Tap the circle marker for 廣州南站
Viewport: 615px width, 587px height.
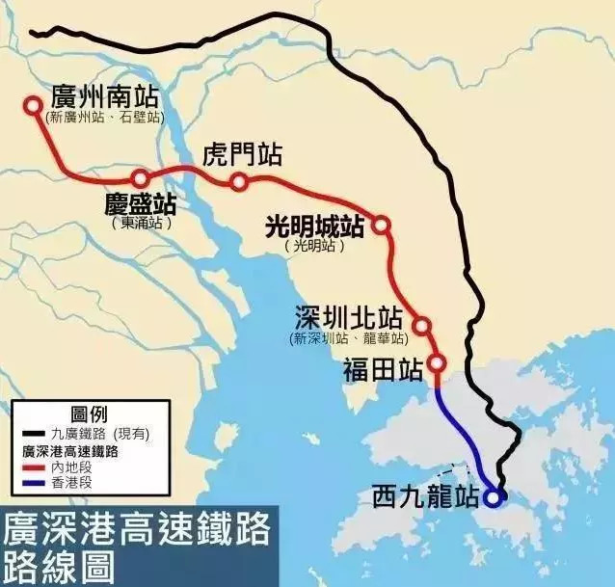click(x=34, y=106)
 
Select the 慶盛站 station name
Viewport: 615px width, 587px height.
click(x=141, y=204)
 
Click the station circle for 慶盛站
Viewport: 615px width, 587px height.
click(x=141, y=178)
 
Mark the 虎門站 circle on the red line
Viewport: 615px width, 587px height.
click(x=239, y=182)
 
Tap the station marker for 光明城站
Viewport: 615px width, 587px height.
click(x=381, y=225)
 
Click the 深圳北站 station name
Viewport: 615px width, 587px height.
click(x=349, y=319)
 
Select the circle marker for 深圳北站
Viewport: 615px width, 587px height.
click(x=421, y=326)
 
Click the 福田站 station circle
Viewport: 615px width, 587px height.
click(x=437, y=363)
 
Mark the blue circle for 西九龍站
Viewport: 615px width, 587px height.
click(x=494, y=497)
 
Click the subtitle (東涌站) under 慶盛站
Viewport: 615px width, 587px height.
click(x=142, y=223)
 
